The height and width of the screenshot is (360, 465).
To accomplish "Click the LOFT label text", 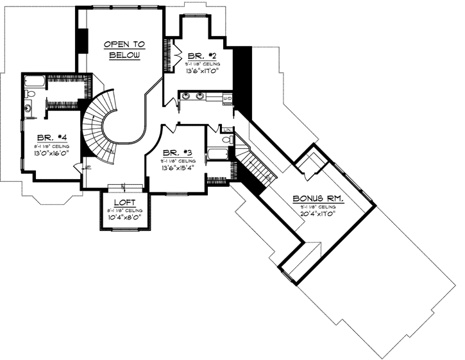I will pos(124,202).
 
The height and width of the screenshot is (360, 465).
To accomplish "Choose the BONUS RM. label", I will pos(318,199).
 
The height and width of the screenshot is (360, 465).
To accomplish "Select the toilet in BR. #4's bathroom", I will pos(30,95).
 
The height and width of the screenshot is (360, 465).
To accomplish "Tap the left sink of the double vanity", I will pos(187,97).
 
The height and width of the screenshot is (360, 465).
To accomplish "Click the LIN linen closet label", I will pos(88,167).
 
